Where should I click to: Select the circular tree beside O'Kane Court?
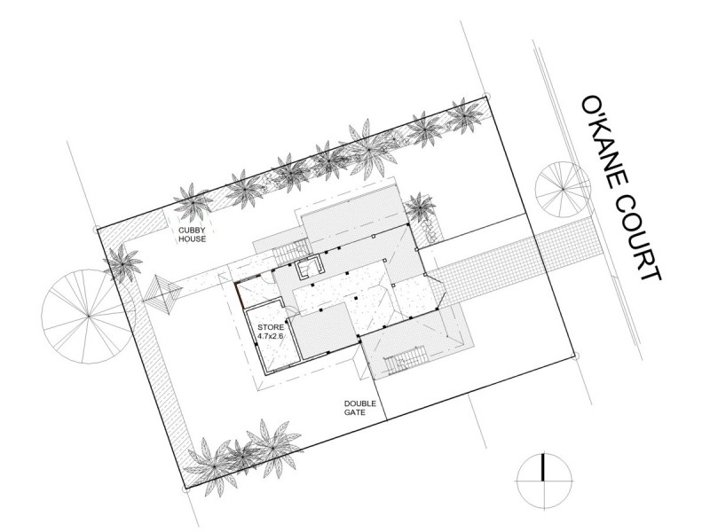tap(562, 189)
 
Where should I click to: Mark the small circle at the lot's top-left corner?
tap(95, 229)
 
